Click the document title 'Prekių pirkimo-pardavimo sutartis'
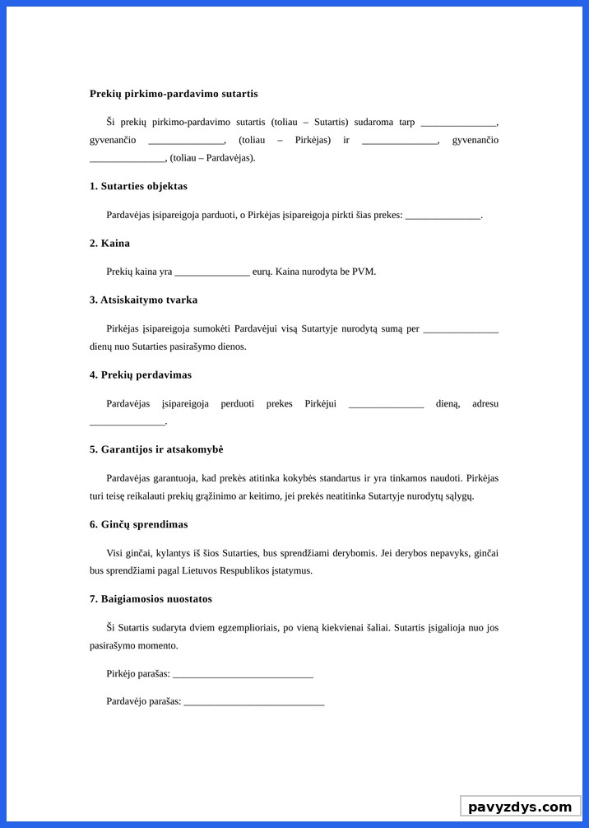click(x=174, y=94)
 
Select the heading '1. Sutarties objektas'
click(x=138, y=186)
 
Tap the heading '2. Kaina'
click(x=109, y=243)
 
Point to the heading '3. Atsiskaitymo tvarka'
click(x=143, y=300)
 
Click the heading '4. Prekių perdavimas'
click(x=141, y=374)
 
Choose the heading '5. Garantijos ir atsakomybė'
click(x=156, y=449)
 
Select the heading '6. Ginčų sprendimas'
click(x=138, y=524)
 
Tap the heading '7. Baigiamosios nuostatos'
click(x=151, y=598)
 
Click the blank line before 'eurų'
click(x=212, y=272)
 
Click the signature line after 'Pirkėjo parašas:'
click(x=243, y=675)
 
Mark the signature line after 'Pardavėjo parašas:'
click(x=254, y=702)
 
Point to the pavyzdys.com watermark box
click(x=519, y=807)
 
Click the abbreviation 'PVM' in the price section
click(x=363, y=272)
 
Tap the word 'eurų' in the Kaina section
click(x=262, y=272)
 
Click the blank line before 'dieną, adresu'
click(x=386, y=404)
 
